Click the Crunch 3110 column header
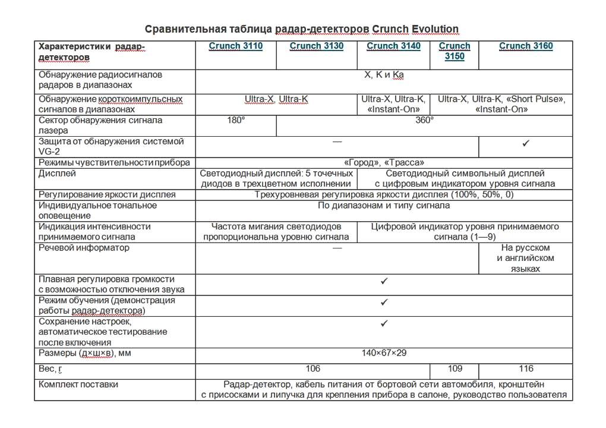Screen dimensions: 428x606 click(x=235, y=46)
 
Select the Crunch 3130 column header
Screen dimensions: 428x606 click(x=316, y=46)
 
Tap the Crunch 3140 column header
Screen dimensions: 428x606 click(x=393, y=46)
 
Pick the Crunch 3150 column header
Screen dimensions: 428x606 click(x=454, y=51)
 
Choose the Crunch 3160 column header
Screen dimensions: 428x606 click(x=526, y=46)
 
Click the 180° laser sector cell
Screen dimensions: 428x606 click(x=236, y=120)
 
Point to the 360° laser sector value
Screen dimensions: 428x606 click(x=424, y=120)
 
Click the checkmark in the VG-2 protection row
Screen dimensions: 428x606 click(x=526, y=143)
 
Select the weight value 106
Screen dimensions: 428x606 click(x=313, y=369)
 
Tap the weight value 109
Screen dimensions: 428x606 click(x=454, y=369)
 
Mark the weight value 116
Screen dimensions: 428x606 click(x=526, y=369)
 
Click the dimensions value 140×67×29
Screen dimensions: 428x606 click(x=384, y=353)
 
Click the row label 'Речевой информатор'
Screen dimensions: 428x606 click(x=84, y=247)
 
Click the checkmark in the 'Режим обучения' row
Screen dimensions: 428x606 click(x=384, y=302)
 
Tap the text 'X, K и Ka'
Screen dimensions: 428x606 click(x=384, y=75)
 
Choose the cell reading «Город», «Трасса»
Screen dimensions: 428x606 click(x=384, y=162)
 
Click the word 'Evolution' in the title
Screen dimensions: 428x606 click(x=430, y=29)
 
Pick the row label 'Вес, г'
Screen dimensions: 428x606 click(x=50, y=369)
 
